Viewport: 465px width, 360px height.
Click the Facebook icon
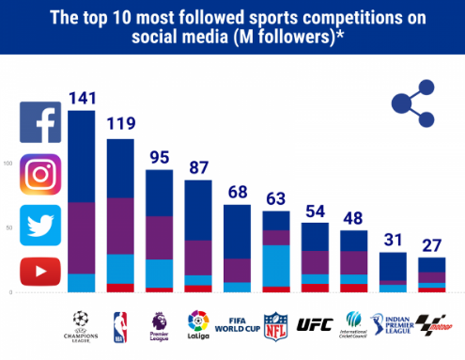40,122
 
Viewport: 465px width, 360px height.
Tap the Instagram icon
40,175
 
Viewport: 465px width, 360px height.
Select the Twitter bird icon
40,226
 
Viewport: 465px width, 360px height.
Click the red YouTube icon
40,271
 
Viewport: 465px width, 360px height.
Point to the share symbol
413,103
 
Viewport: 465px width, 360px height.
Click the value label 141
82,98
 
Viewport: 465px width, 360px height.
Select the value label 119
121,123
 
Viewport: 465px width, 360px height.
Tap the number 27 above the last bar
432,246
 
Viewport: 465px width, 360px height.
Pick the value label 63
276,198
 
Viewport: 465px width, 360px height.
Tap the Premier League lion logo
160,326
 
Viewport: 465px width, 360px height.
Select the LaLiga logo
198,325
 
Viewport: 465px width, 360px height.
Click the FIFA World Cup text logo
237,325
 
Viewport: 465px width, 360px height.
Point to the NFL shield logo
275,325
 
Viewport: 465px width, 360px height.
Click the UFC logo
315,324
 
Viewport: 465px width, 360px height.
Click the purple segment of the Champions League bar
82,238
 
